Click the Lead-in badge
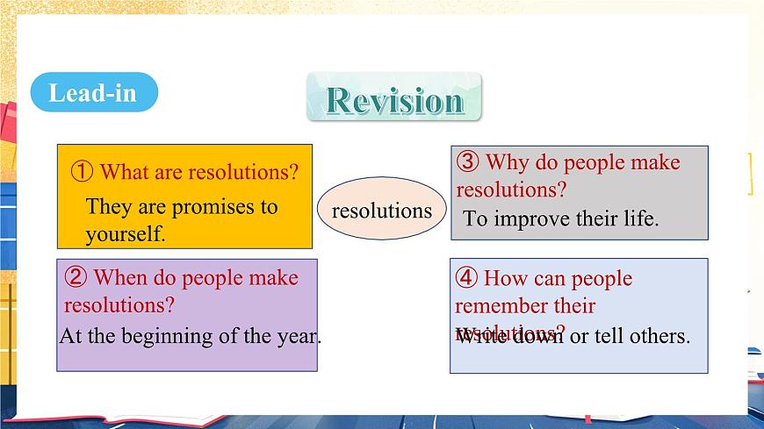click(93, 92)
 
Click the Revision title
click(394, 99)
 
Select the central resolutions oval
click(382, 210)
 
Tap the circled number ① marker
click(81, 172)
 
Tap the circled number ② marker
click(76, 278)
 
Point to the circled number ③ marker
click(468, 162)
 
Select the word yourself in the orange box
click(125, 234)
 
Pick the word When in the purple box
click(120, 278)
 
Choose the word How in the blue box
click(505, 279)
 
